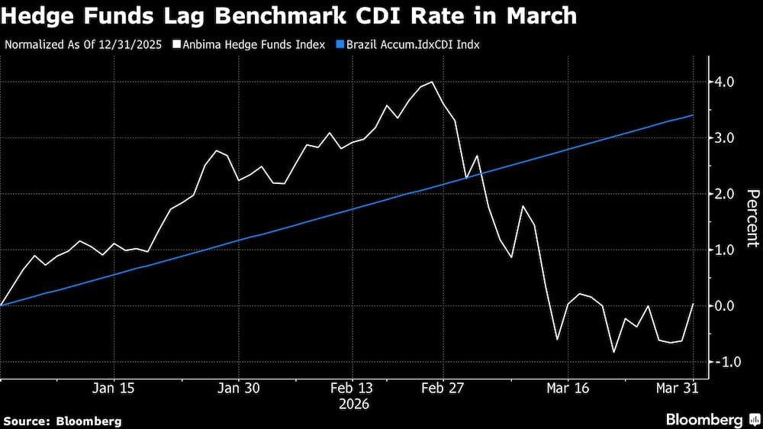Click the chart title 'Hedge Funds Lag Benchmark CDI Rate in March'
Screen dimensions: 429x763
point(288,16)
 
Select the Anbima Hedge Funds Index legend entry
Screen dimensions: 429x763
point(249,44)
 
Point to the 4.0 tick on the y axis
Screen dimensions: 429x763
point(724,82)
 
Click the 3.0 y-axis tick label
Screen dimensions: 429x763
point(724,138)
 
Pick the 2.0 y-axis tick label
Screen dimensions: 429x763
point(724,194)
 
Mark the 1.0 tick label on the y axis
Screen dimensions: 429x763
point(724,250)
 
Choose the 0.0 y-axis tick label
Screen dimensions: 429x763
point(724,306)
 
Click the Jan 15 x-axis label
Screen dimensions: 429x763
point(114,388)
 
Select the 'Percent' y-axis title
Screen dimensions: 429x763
point(752,218)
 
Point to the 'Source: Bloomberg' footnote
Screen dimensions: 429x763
point(63,421)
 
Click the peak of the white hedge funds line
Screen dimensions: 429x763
point(433,82)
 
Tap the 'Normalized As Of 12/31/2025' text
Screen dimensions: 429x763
point(84,44)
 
